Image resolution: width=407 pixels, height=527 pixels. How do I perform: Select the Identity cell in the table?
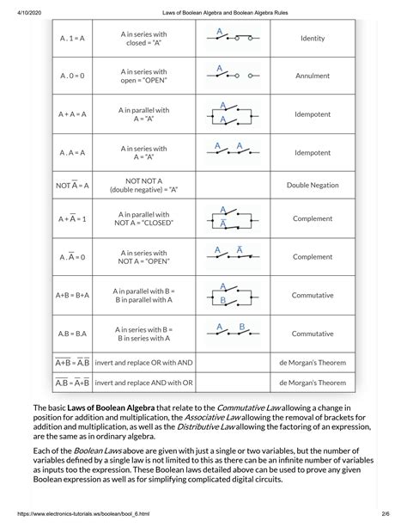[312, 39]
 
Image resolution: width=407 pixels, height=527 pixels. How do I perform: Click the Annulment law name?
[312, 76]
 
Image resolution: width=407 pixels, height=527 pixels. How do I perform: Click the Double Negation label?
[312, 185]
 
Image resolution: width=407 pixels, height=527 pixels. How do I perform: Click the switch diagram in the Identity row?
[230, 37]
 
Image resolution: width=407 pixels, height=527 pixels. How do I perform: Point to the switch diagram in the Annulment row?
[230, 74]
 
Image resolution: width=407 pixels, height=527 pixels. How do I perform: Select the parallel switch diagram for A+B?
[230, 294]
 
